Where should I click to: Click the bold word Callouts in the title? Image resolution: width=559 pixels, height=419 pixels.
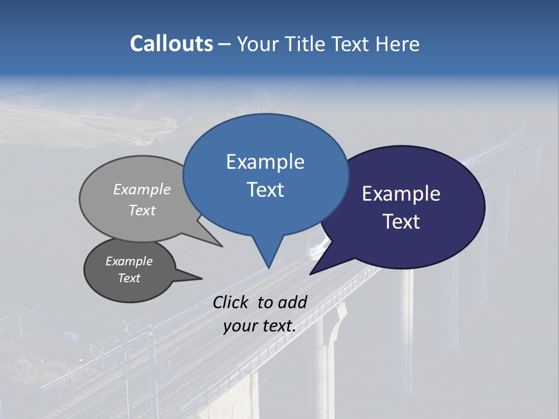tap(171, 44)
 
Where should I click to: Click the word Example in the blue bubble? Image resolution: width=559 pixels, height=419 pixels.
tap(265, 162)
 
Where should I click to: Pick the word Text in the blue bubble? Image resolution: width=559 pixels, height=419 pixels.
tap(265, 190)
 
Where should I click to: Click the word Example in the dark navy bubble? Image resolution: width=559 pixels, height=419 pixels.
tap(401, 194)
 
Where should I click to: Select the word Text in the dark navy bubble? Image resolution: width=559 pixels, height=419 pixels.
tap(401, 222)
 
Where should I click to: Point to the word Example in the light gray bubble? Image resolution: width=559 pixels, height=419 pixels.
tap(142, 189)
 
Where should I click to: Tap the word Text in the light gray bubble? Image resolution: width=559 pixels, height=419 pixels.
tap(142, 210)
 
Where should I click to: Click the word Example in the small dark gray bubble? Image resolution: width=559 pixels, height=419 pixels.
tap(129, 261)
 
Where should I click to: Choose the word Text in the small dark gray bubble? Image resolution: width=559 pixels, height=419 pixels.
tap(129, 278)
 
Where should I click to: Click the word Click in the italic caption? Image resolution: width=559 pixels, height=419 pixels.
tap(231, 302)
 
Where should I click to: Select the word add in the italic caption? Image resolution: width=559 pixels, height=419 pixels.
tap(292, 302)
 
